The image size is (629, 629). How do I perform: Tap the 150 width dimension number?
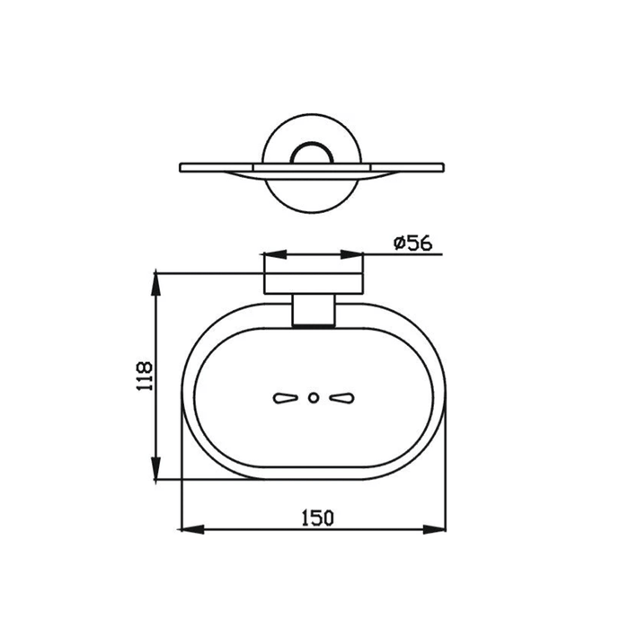point(316,517)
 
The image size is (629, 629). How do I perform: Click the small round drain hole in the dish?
point(313,397)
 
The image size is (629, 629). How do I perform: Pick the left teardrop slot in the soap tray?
point(286,397)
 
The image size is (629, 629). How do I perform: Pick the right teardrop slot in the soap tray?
point(341,397)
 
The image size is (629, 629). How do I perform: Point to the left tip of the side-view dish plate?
point(182,167)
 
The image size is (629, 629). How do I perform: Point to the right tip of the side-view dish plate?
point(443,167)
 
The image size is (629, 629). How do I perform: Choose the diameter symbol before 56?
point(398,243)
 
